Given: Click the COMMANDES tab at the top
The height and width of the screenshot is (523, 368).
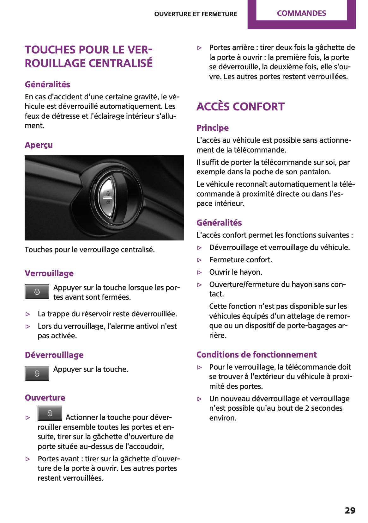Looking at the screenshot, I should click(x=301, y=13).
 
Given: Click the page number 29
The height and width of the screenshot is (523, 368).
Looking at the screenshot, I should click(x=350, y=510).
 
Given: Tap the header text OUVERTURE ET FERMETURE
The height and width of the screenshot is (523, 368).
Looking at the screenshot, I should click(x=195, y=14).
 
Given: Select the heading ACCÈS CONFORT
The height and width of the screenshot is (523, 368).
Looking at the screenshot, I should click(x=240, y=107).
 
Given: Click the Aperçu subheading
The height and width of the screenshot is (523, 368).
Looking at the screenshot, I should click(x=39, y=145).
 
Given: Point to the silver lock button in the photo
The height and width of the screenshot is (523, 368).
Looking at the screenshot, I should click(x=106, y=198).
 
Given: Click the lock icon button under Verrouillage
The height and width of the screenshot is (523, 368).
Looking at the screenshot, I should click(x=37, y=292).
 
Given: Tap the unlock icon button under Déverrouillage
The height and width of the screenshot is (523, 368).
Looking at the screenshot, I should click(x=37, y=373).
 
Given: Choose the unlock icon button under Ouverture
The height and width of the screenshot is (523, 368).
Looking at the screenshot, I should click(x=50, y=413).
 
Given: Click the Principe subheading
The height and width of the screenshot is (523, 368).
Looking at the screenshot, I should click(x=212, y=128).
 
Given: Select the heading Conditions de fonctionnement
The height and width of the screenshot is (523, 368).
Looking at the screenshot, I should click(x=256, y=355).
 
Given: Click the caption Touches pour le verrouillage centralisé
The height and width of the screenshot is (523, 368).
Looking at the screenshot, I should click(x=90, y=250).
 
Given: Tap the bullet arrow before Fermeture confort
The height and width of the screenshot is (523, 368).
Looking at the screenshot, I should click(x=199, y=260).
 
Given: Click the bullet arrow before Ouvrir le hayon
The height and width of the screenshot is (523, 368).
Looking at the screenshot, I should click(x=199, y=272).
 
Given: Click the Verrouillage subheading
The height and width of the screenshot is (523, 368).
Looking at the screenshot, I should click(x=49, y=273).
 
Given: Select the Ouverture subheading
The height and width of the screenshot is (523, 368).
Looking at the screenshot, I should click(x=45, y=398).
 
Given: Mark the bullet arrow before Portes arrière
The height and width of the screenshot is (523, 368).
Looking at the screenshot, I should click(x=199, y=48).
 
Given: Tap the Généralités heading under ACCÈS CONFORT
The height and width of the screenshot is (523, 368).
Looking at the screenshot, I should click(x=219, y=223).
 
